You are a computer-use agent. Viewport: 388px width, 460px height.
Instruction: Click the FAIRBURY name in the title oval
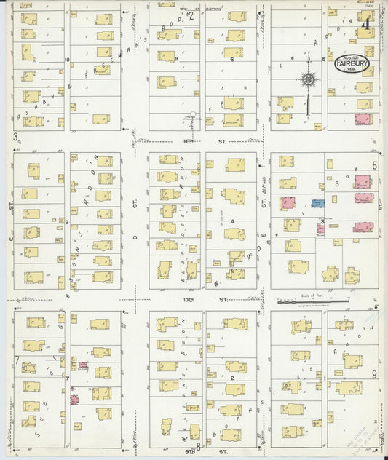tap(352, 63)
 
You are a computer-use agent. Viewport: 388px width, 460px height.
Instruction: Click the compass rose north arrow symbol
tap(308, 79)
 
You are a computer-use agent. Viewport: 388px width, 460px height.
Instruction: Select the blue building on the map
tap(318, 204)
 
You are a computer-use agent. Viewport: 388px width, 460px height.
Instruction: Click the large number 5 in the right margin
tap(375, 166)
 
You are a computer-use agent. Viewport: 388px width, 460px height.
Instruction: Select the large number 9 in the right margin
tap(374, 374)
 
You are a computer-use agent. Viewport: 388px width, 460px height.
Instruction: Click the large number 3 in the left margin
tap(14, 136)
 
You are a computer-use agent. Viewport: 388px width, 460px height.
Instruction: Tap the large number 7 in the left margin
tap(16, 360)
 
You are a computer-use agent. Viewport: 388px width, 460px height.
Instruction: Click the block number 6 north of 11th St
tap(231, 60)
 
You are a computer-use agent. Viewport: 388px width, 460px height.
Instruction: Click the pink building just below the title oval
tap(362, 119)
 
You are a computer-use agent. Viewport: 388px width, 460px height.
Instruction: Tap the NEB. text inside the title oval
tap(352, 71)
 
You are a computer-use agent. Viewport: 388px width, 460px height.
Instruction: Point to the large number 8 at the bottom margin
tap(197, 445)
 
